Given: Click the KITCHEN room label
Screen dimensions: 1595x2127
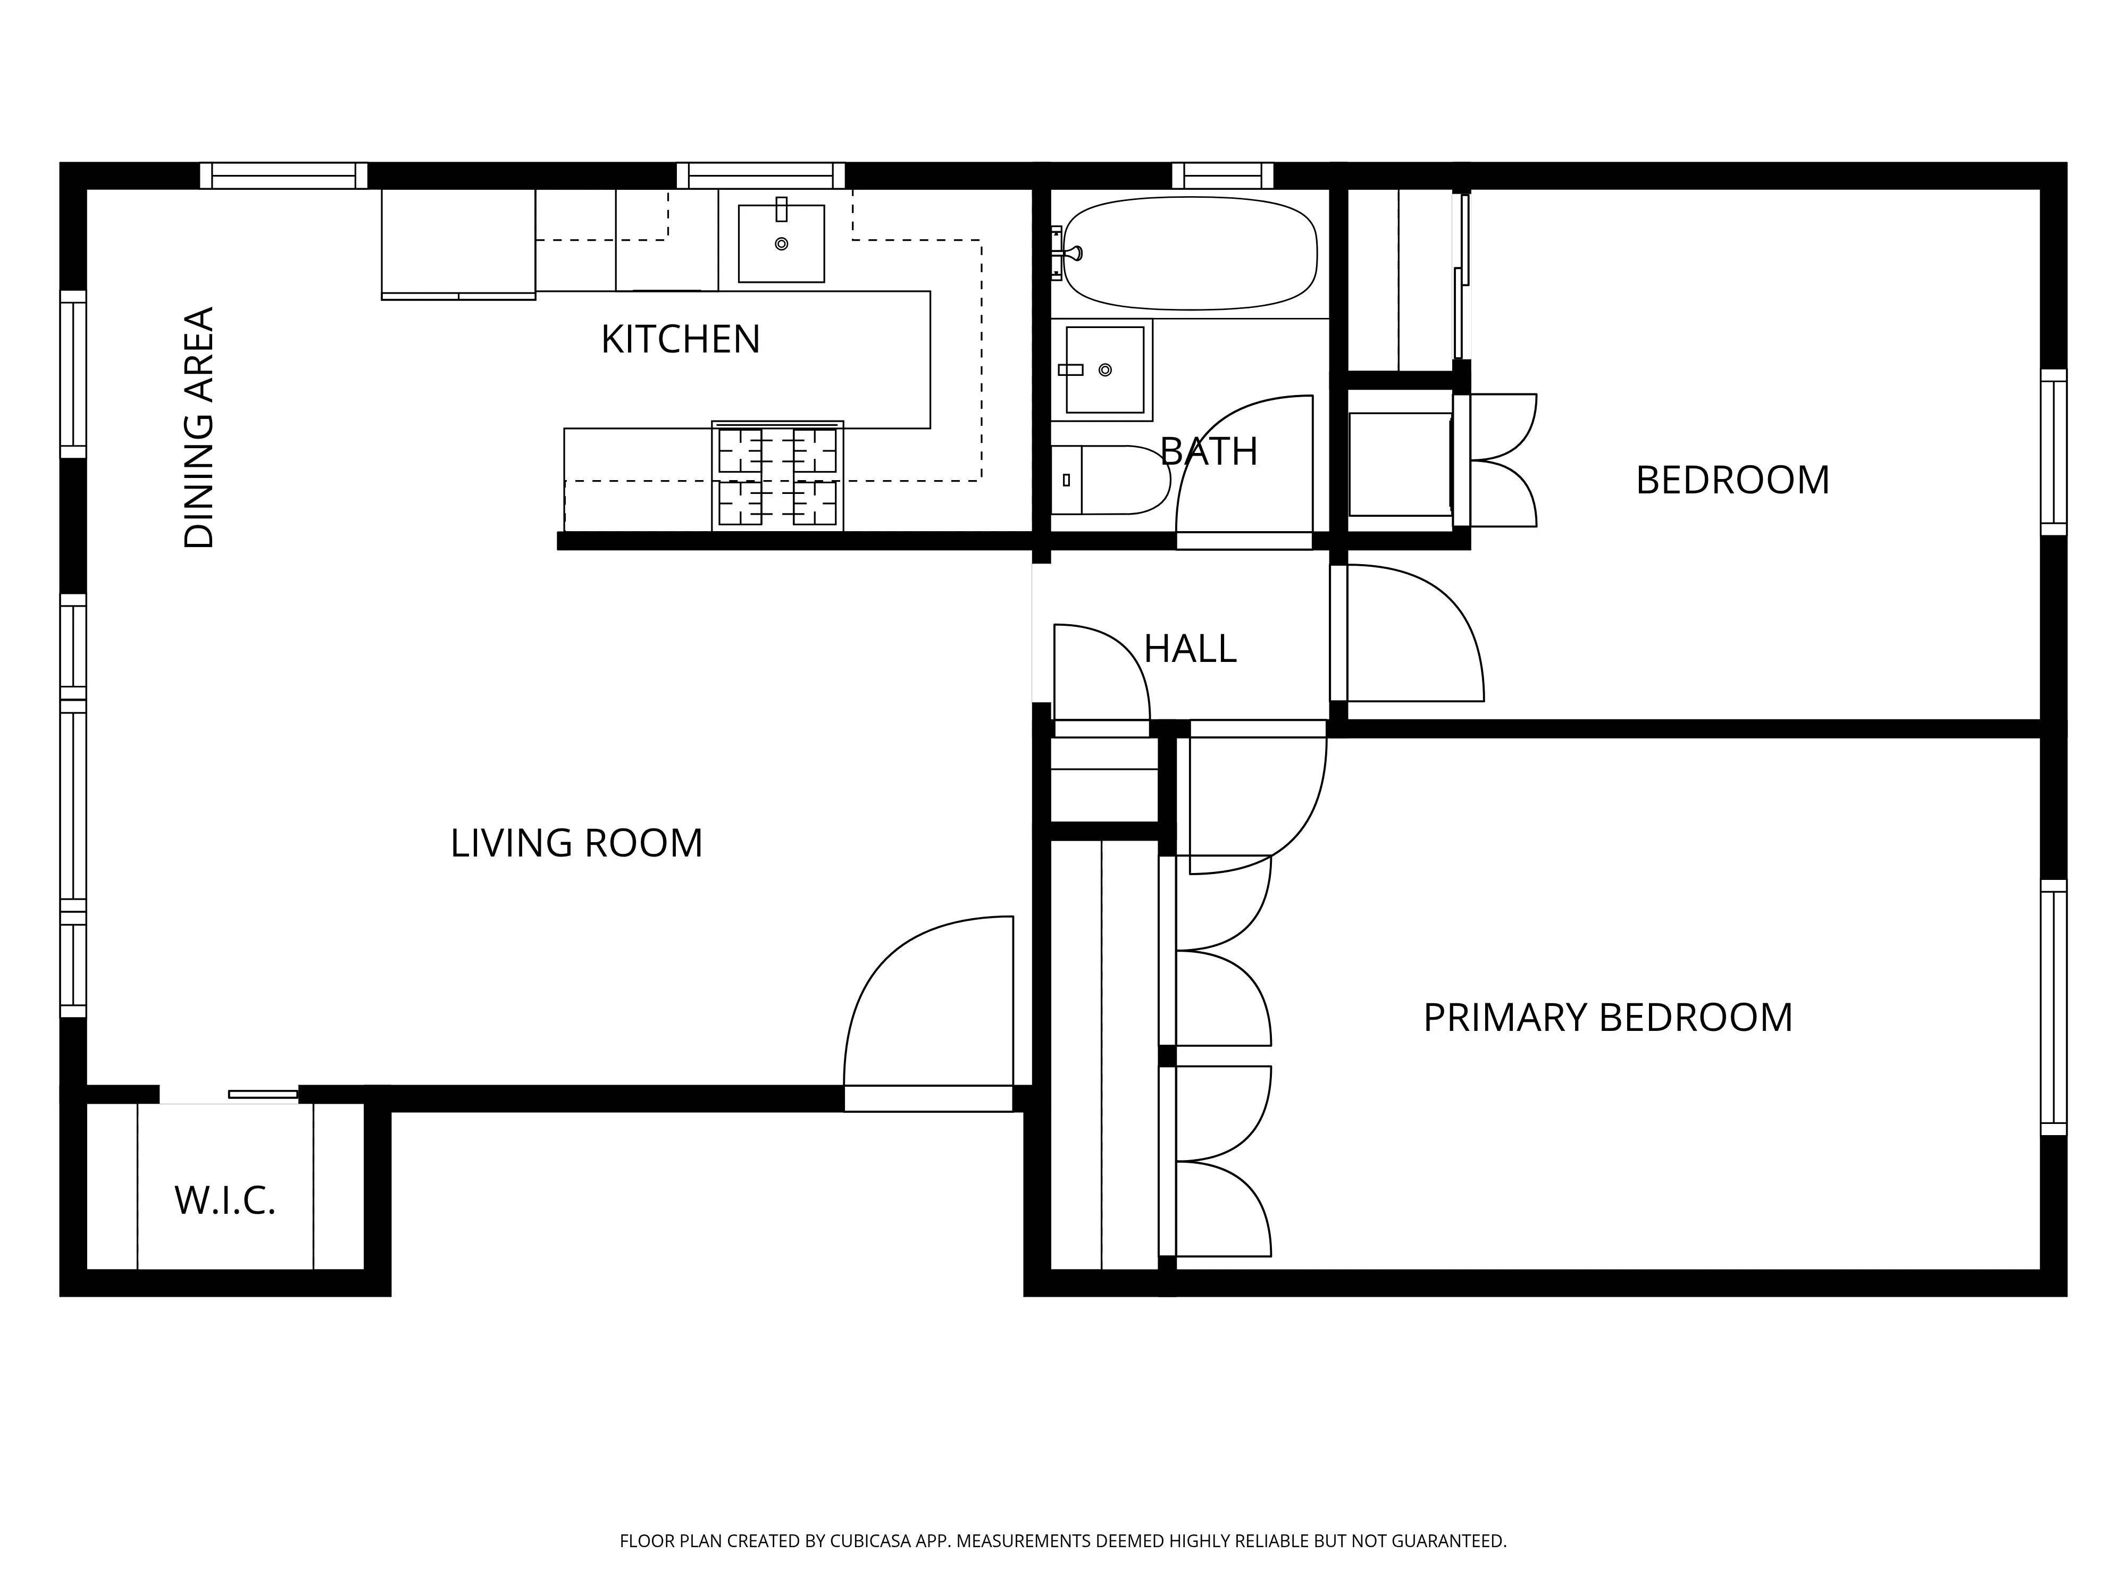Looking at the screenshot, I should pos(680,339).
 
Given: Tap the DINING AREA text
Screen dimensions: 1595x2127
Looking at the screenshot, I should pos(199,428).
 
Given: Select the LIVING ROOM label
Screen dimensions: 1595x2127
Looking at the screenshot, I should pos(576,843).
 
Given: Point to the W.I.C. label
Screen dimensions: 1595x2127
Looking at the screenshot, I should pos(225,1201).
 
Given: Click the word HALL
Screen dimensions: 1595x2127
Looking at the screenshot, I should pos(1190,649).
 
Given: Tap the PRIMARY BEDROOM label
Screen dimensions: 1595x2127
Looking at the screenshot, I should pos(1607,1017).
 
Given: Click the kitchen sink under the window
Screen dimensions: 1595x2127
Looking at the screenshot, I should pos(781,244).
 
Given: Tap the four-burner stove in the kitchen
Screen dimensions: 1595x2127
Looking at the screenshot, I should pos(777,476).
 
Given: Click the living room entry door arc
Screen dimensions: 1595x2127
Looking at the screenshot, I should pos(928,1000).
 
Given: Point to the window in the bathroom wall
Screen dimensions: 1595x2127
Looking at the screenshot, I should pos(1222,176).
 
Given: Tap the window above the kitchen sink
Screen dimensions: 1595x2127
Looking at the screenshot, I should pos(760,176).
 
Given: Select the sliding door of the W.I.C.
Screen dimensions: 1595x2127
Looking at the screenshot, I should pos(263,1094).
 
